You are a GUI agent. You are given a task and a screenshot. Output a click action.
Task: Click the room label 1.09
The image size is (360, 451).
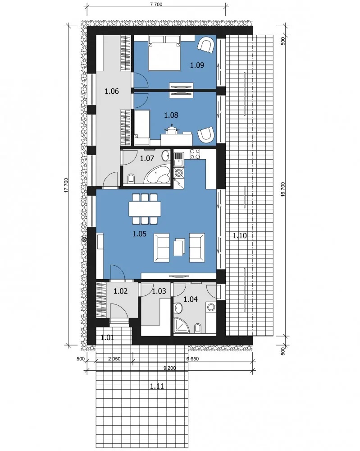pyautogui.click(x=197, y=65)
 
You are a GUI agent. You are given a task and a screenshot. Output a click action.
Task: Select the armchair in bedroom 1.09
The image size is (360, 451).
pyautogui.click(x=206, y=45)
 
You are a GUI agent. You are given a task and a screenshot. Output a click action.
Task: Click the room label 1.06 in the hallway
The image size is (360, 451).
pyautogui.click(x=112, y=92)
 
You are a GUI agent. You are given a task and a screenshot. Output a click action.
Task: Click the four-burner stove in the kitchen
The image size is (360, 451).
pyautogui.click(x=195, y=154)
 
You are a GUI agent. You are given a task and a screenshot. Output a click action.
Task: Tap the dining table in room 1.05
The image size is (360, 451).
pyautogui.click(x=145, y=209)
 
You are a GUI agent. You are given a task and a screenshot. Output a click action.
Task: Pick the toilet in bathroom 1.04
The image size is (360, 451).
pyautogui.click(x=198, y=328)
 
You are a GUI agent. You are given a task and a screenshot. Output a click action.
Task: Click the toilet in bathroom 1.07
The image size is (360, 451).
pyautogui.click(x=131, y=178)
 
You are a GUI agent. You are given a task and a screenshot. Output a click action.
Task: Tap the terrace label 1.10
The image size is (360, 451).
pyautogui.click(x=240, y=236)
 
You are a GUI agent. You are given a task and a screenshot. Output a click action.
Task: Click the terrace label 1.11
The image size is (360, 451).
pyautogui.click(x=157, y=386)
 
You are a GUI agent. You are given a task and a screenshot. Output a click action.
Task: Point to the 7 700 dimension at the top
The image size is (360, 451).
pyautogui.click(x=156, y=5)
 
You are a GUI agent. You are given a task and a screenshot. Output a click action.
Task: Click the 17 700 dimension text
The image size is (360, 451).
pyautogui.click(x=66, y=185)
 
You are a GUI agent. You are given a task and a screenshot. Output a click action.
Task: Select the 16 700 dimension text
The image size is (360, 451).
pyautogui.click(x=283, y=189)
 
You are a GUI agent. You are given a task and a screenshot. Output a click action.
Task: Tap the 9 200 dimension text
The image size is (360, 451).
pyautogui.click(x=170, y=368)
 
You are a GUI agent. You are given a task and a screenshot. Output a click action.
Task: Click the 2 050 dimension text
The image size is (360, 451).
pyautogui.click(x=114, y=359)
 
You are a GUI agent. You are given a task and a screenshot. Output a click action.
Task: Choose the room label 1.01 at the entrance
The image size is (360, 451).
pyautogui.click(x=107, y=337)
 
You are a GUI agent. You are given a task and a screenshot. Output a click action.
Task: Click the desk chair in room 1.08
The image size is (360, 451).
pyautogui.click(x=172, y=129)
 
